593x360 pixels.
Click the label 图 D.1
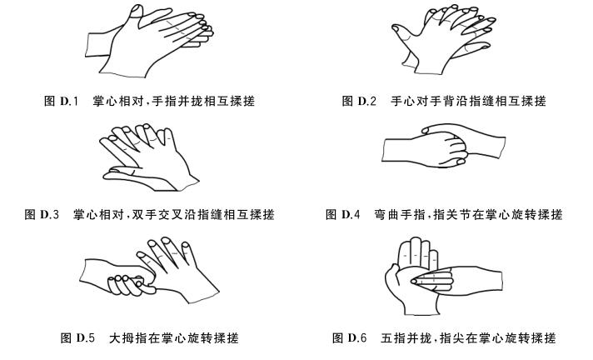(x=62, y=101)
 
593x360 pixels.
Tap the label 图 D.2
(x=359, y=101)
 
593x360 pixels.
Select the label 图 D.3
(x=42, y=215)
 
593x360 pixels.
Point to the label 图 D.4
(x=342, y=215)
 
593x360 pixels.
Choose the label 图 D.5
(x=77, y=337)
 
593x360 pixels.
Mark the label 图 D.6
(x=350, y=337)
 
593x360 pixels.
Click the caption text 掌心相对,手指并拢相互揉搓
(x=173, y=101)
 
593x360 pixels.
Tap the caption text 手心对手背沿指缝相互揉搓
(x=468, y=101)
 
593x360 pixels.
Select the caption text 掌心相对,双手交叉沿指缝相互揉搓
(x=173, y=215)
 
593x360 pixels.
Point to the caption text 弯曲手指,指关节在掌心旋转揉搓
(x=468, y=215)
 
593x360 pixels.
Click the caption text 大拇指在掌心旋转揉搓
(x=173, y=337)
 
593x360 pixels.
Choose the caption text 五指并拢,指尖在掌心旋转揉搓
(x=468, y=337)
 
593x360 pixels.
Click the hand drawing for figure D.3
(x=148, y=157)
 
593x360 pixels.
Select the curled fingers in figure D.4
(x=456, y=149)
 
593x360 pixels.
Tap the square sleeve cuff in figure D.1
(x=97, y=46)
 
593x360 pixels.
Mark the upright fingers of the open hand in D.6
(x=417, y=252)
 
